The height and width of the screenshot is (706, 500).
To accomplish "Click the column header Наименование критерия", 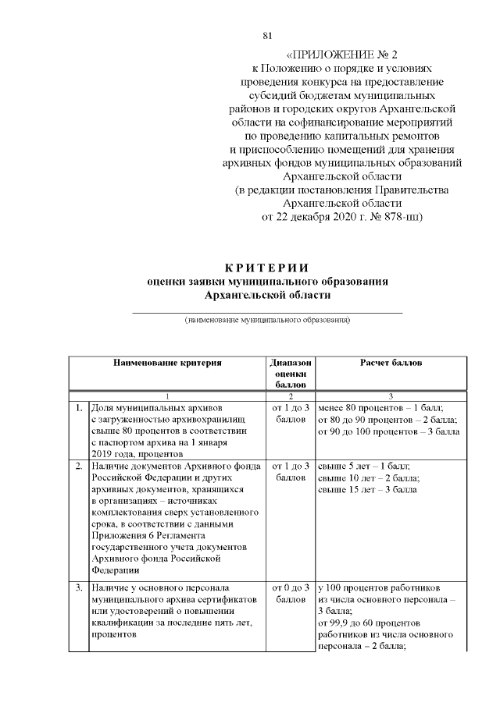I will tap(167, 363).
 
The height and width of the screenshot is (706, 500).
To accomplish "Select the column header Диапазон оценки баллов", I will tap(290, 374).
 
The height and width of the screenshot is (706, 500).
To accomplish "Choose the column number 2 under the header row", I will tap(290, 396).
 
